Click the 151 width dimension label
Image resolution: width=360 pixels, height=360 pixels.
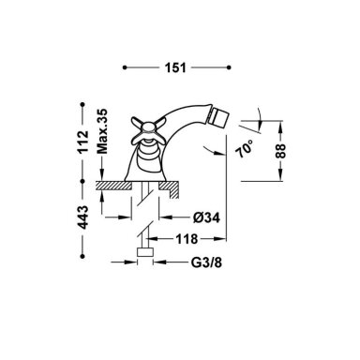pos(176,67)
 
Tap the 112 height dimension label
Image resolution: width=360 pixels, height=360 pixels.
pos(83,142)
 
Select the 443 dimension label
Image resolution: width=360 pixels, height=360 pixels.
pos(83,217)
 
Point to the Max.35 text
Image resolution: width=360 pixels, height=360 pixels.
pos(102,131)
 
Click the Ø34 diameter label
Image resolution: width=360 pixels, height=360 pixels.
pos(206,217)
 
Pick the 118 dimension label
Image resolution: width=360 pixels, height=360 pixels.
pos(187,239)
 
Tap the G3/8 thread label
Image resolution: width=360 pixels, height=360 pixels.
pos(206,262)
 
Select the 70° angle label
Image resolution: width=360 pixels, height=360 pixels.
pos(245,149)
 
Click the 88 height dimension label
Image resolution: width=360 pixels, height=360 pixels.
pos(280,151)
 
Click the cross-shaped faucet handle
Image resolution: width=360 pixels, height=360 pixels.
pos(148,130)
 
